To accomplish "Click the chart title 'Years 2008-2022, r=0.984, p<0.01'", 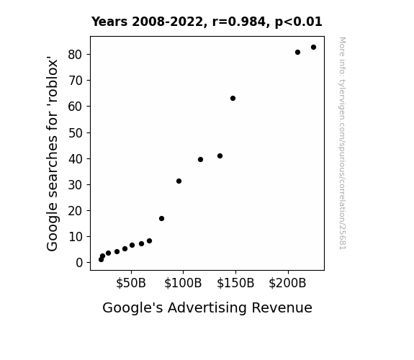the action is (207, 22).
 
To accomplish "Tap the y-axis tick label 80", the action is (76, 55).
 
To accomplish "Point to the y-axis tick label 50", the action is (76, 133).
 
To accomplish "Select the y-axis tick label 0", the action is (79, 263).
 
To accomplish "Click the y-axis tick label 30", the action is (76, 185).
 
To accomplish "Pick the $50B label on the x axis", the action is (131, 283).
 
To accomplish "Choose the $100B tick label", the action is (183, 283).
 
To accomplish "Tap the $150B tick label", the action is (235, 283).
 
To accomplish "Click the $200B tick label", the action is (287, 283).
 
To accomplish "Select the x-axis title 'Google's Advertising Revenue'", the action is (207, 307).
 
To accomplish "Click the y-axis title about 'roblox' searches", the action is (52, 153).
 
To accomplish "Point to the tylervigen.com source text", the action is (343, 143).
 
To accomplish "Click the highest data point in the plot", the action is (313, 48).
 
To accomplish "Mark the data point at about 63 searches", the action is (233, 98).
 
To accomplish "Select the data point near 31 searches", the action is (179, 181).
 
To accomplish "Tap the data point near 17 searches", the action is (161, 218).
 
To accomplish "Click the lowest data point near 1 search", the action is (101, 260).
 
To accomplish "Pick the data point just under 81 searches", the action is (297, 53).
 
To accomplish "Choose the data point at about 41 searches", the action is (220, 156).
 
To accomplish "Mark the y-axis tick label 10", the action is (76, 237).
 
